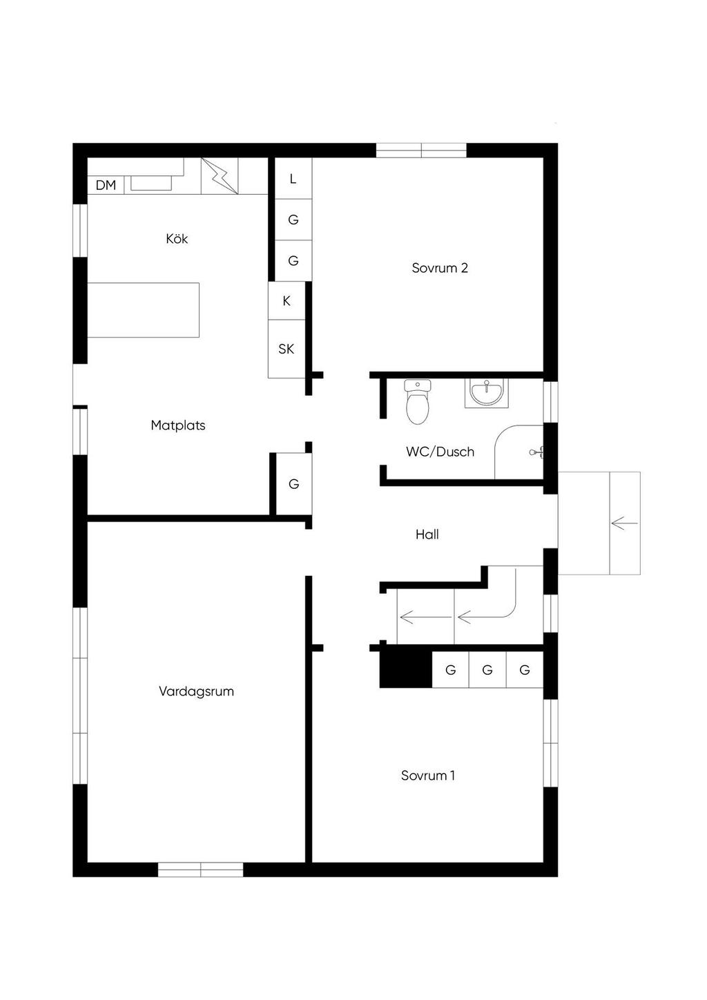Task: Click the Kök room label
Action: click(x=177, y=239)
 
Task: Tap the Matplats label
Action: click(x=178, y=425)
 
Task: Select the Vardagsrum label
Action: click(x=196, y=691)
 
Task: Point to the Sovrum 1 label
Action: click(x=427, y=776)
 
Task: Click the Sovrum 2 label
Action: click(x=440, y=268)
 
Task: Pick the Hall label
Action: click(x=427, y=535)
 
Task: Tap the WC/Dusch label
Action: click(x=440, y=452)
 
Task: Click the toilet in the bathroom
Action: click(x=417, y=401)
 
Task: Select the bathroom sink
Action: click(x=486, y=393)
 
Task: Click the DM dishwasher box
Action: click(x=106, y=185)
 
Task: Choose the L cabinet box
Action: click(x=293, y=179)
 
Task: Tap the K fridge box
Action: click(x=287, y=301)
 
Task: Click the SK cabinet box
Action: click(x=287, y=349)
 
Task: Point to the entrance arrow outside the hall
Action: click(x=624, y=523)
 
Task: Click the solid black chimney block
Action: click(x=406, y=669)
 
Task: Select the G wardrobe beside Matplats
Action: click(x=293, y=484)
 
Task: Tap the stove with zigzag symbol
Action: click(x=219, y=176)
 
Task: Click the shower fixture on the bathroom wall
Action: click(x=536, y=452)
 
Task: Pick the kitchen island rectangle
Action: click(x=144, y=310)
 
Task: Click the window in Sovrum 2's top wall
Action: click(x=421, y=151)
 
